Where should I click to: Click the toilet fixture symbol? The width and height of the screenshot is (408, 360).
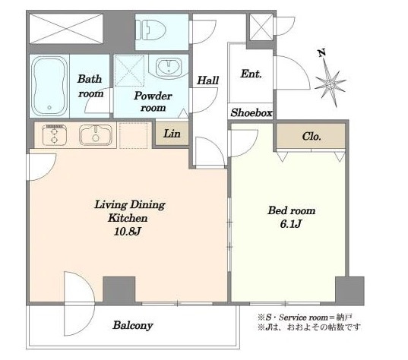point(150,30)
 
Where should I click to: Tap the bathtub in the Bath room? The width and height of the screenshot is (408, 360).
point(49,86)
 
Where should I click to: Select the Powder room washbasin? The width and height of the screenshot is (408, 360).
point(169,65)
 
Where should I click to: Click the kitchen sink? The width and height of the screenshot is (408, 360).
point(96,135)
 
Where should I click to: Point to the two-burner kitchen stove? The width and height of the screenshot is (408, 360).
point(55,135)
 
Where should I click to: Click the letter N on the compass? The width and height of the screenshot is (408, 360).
point(322,53)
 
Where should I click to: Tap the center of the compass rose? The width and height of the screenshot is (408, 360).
point(331,84)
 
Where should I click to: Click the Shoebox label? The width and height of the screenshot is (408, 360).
point(251,112)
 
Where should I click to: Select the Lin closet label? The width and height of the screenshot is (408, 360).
point(172,134)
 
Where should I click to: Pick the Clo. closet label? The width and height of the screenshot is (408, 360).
point(312,136)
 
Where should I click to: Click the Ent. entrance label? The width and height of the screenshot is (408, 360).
point(251,74)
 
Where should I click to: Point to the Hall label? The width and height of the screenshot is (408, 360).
point(207,81)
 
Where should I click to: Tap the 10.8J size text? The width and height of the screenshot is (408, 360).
point(128,231)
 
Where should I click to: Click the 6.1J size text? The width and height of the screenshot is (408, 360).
point(291,224)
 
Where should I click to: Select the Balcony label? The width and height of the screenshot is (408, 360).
point(133,325)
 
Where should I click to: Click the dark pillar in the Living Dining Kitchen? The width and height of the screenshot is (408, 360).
point(119,290)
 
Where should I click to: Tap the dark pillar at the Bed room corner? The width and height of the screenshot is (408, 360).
point(349,291)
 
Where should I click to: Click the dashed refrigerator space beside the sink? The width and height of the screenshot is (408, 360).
point(134,135)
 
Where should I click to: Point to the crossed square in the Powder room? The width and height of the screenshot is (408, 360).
point(129,71)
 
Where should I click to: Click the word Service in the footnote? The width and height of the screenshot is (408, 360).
point(293,317)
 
